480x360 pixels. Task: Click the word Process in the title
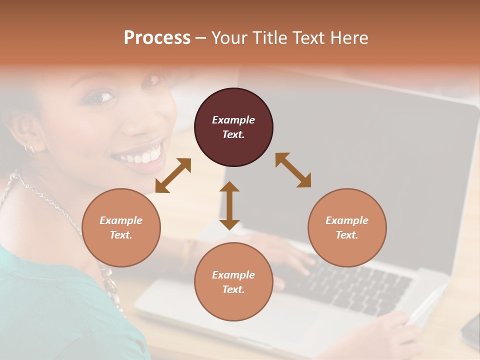coord(157,38)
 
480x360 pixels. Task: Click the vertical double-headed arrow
coord(229,205)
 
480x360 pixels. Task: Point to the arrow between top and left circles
coord(173,175)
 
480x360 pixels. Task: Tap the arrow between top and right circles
coord(293,170)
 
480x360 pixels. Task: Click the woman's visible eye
coord(98,96)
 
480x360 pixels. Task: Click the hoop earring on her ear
coord(29,147)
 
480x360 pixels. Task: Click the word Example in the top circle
coord(233,120)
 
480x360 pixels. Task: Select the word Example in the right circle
coord(347,220)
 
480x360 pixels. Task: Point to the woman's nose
coord(134,122)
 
